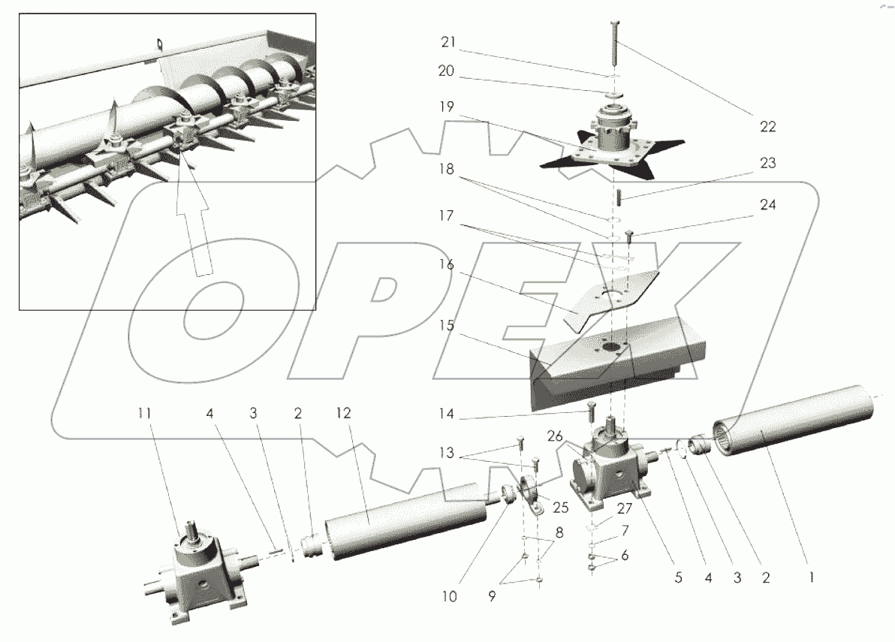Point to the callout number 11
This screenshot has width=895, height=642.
pos(145,413)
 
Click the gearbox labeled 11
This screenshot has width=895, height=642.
pos(197,578)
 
